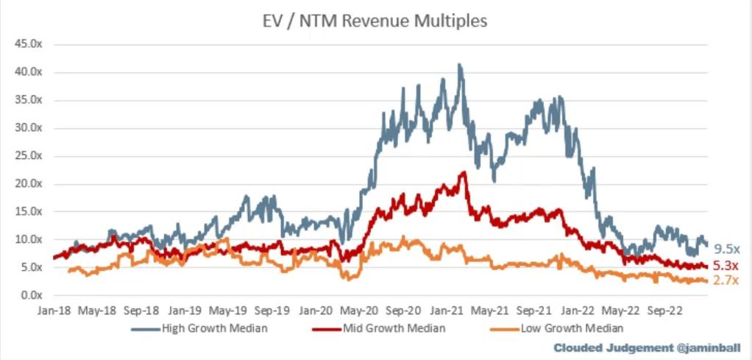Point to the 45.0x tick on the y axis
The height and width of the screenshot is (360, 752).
coord(27,44)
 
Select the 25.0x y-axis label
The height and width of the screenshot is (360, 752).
coord(27,156)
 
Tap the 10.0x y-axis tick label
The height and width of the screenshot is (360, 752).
coord(27,240)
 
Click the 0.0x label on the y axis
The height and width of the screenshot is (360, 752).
coord(29,296)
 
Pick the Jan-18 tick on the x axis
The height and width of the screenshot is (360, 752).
coord(53,310)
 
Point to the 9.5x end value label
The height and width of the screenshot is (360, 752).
coord(726,249)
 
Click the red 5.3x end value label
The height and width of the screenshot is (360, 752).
coord(726,265)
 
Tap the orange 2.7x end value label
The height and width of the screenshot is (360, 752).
coord(726,280)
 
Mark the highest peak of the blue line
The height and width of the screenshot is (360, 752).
coord(460,65)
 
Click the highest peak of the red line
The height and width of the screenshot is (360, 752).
coord(463,172)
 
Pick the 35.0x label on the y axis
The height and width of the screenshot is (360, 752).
coord(27,100)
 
